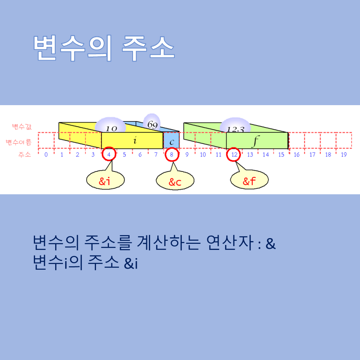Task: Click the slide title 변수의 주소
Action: tap(104, 49)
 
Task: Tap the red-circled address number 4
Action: tap(109, 154)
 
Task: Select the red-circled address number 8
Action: tap(172, 154)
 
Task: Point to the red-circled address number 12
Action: tap(234, 154)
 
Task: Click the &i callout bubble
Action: tap(105, 181)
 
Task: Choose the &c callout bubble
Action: tap(175, 182)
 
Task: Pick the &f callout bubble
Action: tap(250, 181)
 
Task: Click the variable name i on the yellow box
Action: tap(134, 141)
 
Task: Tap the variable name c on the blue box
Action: tap(172, 141)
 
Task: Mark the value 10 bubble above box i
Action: tap(110, 126)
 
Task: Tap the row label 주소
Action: tap(24, 155)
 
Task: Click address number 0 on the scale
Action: tap(46, 155)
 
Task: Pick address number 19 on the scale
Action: tap(344, 155)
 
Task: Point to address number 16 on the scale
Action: tap(297, 155)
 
